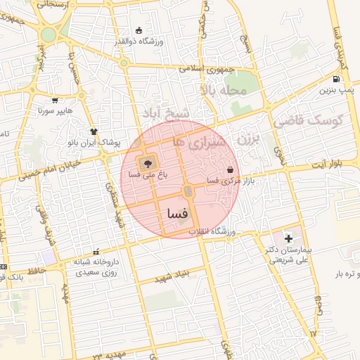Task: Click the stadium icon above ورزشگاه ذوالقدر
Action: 139,30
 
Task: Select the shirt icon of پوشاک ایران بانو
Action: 94,131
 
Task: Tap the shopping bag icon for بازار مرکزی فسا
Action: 231,169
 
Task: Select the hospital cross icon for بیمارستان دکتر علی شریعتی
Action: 288,239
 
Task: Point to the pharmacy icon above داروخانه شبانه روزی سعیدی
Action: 96,251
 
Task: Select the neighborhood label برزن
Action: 247,138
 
